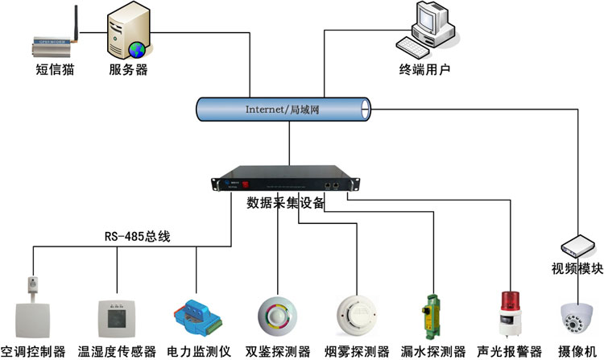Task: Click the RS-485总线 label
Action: pos(137,237)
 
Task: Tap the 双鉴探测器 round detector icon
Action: pos(277,317)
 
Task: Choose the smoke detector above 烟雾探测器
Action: pos(357,314)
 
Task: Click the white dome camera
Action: pos(577,317)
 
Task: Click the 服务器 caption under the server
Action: pos(128,69)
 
